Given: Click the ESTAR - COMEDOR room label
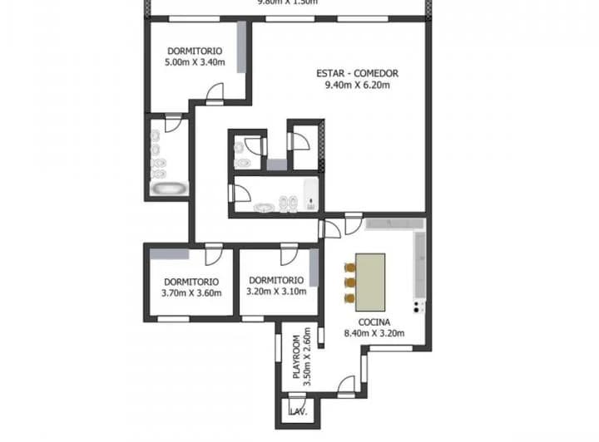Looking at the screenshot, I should [357, 73].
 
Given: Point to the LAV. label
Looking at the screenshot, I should [298, 412].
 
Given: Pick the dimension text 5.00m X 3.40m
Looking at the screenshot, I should [193, 61].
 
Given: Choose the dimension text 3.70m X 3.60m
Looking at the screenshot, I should [191, 292].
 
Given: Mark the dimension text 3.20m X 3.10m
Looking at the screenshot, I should [276, 292].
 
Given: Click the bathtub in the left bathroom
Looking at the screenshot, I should [169, 189].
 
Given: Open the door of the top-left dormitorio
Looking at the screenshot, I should [216, 92].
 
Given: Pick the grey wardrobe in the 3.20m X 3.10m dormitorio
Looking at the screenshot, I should [314, 268].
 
